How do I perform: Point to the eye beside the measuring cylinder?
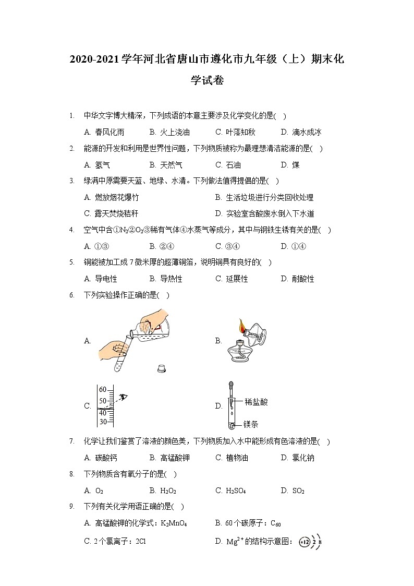pos(123,398)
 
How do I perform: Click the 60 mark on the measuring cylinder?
pos(103,389)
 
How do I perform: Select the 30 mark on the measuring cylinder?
pos(103,422)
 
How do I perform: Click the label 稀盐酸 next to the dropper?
pos(256,402)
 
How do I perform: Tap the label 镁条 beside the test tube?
pos(251,424)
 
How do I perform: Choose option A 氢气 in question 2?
pos(97,165)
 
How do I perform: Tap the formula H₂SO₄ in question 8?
pos(230,491)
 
